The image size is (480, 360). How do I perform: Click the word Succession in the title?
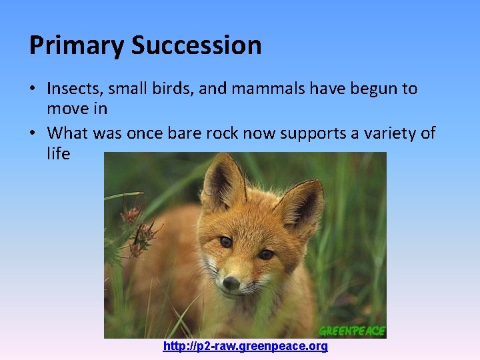click(197, 45)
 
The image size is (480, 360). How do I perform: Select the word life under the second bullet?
click(58, 153)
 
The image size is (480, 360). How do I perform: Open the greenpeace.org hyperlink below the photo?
click(245, 347)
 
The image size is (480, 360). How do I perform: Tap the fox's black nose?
click(231, 283)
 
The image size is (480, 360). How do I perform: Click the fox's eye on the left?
click(225, 242)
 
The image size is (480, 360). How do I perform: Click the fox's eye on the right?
click(266, 254)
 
